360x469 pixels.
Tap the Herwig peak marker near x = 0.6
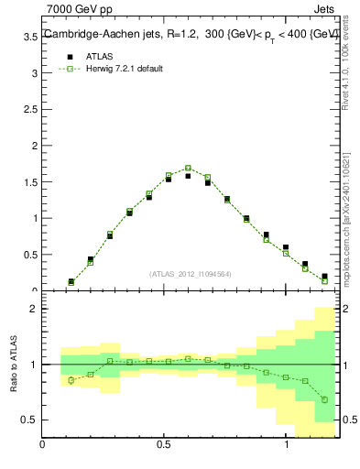pyautogui.click(x=188, y=168)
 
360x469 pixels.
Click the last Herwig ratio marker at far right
pyautogui.click(x=324, y=399)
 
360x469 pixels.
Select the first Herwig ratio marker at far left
pyautogui.click(x=71, y=380)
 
